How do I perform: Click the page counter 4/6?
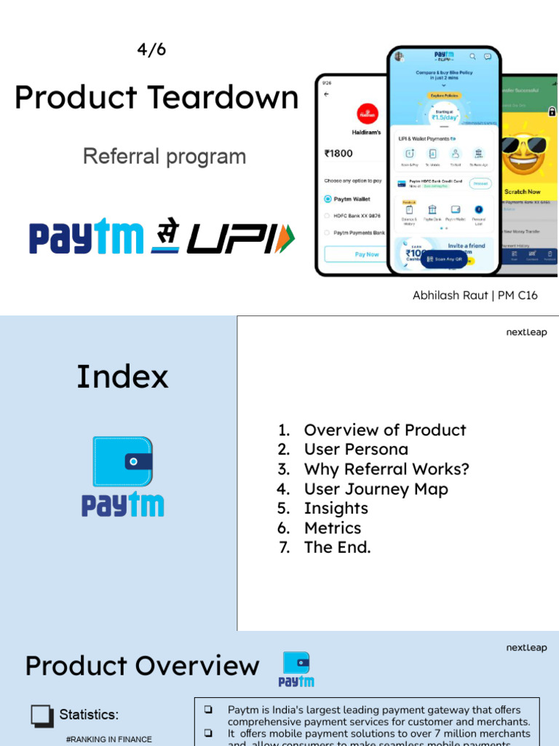pos(151,50)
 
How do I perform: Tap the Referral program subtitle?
pos(164,156)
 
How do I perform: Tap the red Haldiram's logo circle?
pos(368,114)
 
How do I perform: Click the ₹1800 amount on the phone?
pos(338,154)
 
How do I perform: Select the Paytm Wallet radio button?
pos(328,198)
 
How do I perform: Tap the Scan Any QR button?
pos(444,259)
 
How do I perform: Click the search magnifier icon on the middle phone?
pos(472,56)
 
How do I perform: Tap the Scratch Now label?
pos(523,192)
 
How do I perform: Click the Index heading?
pos(122,377)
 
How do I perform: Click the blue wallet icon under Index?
pos(122,461)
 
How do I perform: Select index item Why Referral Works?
pos(386,469)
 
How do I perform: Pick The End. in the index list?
pos(337,547)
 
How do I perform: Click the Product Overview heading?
pos(142,666)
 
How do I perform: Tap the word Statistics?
pos(89,715)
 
